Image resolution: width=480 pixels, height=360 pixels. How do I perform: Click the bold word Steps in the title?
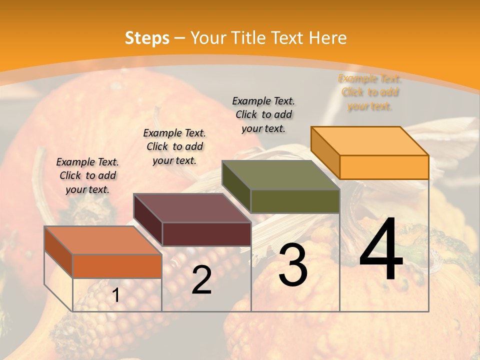147,38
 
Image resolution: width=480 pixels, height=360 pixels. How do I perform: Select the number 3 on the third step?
293,265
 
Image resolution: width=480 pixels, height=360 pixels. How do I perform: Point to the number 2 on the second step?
201,280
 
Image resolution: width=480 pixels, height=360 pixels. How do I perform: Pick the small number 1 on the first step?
116,295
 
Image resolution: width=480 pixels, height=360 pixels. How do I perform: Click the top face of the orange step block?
103,240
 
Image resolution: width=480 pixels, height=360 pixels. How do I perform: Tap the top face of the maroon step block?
192,208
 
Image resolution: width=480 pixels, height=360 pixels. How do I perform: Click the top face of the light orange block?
369,141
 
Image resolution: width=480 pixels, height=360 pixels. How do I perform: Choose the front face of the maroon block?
206,234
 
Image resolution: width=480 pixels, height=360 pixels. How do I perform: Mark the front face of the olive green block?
295,201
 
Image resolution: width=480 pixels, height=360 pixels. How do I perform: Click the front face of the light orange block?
384,167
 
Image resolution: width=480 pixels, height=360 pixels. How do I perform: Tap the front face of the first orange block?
117,266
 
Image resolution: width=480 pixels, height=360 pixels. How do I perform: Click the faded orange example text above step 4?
370,92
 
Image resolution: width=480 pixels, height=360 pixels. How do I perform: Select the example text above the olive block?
263,114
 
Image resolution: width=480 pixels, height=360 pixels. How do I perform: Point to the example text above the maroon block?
174,146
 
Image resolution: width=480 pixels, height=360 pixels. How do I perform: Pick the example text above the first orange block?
87,175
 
